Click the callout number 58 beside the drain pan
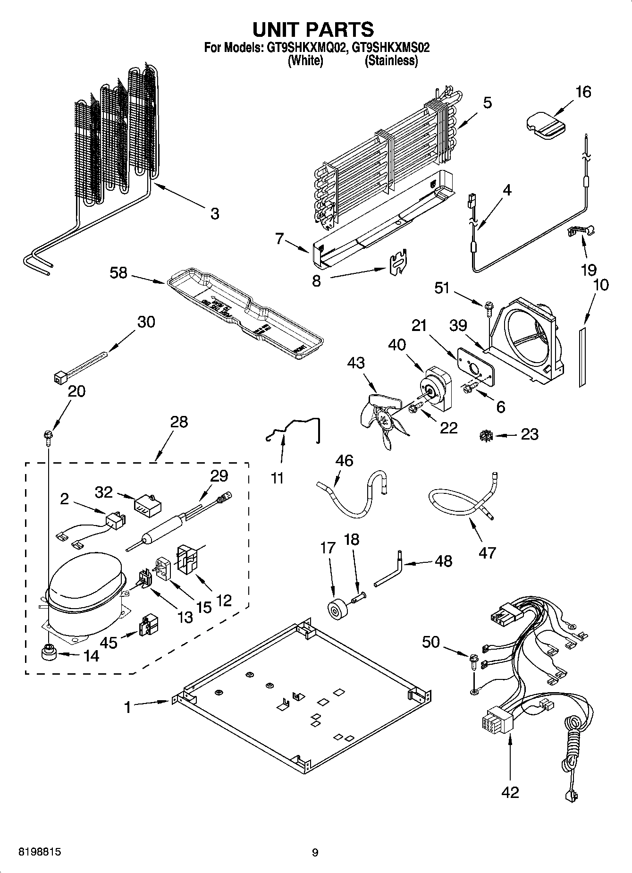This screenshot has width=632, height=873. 118,272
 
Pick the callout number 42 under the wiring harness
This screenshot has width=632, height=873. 510,791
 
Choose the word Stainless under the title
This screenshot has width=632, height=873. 391,60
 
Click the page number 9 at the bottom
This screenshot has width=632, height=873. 315,852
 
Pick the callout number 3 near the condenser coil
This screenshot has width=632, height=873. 215,213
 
